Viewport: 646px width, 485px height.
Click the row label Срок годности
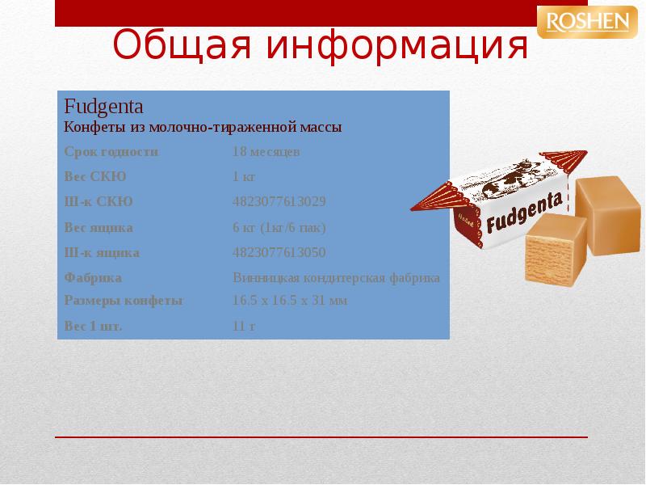(111, 152)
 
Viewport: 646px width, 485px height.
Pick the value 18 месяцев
(266, 152)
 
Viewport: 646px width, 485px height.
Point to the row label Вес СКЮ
(94, 177)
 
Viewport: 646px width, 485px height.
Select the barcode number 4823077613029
(279, 202)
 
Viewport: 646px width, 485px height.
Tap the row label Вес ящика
(98, 228)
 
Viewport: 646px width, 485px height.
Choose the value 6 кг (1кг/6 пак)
(279, 228)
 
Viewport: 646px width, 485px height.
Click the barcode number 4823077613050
(279, 253)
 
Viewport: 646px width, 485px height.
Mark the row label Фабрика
(92, 278)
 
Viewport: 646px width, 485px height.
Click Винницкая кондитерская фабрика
(336, 278)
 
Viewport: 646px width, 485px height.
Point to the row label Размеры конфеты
(123, 301)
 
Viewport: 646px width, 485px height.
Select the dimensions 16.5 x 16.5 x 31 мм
(289, 301)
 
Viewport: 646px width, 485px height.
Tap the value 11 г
(243, 327)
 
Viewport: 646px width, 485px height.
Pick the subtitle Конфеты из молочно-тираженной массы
(203, 127)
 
